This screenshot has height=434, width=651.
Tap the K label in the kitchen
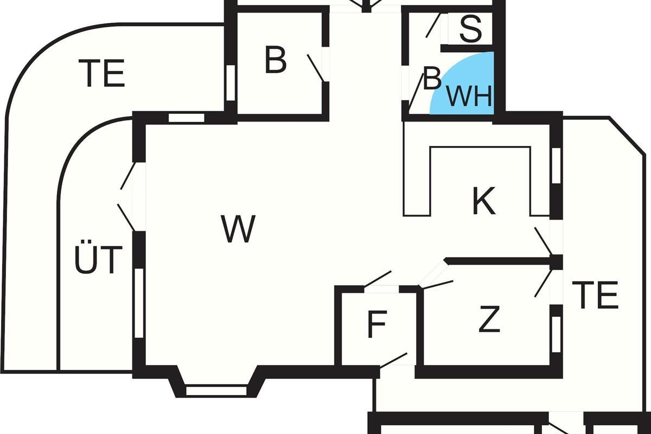tap(484, 202)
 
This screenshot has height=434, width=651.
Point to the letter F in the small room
tap(376, 324)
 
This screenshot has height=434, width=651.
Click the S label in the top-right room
tap(470, 30)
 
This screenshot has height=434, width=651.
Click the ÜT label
tap(98, 260)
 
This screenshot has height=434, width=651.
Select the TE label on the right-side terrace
tap(595, 296)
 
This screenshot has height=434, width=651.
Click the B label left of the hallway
tap(276, 61)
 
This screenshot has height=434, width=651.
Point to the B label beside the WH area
tap(432, 79)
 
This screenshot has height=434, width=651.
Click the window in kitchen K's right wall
tap(556, 165)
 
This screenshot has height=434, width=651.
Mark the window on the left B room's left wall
tap(231, 82)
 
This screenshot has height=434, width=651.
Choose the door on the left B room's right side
tap(316, 68)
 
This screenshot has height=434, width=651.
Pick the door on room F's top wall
tap(379, 279)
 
